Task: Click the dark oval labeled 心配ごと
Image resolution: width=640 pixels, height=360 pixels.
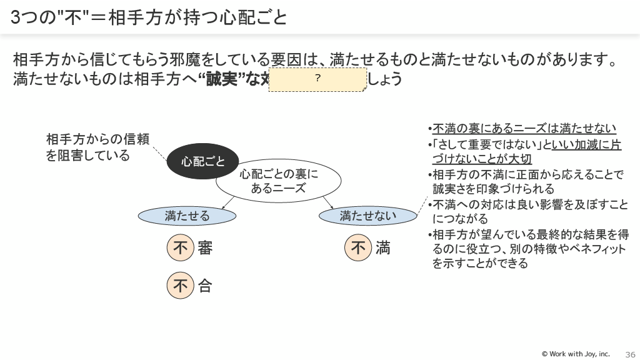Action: point(203,162)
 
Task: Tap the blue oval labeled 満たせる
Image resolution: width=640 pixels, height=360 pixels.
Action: point(187,216)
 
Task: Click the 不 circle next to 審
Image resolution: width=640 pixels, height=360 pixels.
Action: point(181,248)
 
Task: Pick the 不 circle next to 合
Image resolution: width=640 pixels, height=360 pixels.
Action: point(181,286)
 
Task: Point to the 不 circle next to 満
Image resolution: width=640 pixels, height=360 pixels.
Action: point(358,248)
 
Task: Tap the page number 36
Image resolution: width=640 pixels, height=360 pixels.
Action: point(630,354)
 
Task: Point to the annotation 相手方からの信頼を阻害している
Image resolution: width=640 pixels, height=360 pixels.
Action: point(97,147)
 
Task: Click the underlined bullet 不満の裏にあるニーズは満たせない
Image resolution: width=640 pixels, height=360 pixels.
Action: point(524,129)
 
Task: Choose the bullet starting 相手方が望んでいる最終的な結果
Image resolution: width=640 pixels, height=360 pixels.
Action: point(529,249)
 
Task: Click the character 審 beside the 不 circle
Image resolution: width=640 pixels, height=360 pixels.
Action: point(205,248)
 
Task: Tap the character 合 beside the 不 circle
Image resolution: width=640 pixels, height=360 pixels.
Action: point(205,286)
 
